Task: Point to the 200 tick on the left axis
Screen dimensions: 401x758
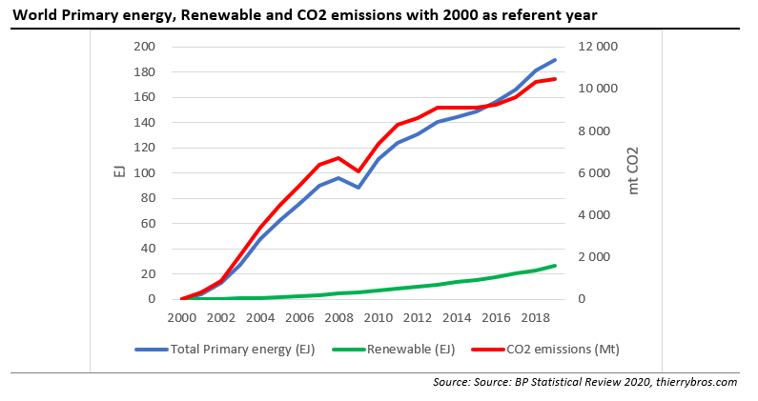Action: point(144,47)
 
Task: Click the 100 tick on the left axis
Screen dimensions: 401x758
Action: point(144,173)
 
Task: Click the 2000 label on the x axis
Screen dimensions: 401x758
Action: point(180,317)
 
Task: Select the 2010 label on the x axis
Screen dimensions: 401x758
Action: point(379,317)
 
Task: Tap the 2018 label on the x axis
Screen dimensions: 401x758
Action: point(536,317)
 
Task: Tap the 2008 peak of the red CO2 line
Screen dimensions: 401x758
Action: point(338,158)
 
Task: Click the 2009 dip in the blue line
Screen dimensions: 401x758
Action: point(359,188)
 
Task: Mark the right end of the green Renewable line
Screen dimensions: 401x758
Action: point(556,265)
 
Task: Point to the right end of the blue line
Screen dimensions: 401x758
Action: point(556,60)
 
